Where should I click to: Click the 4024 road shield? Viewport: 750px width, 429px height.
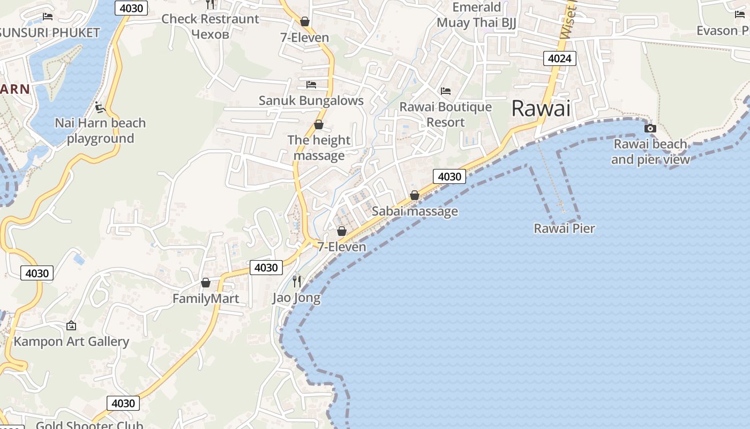[560, 58]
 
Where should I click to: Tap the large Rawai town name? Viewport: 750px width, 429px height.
[541, 108]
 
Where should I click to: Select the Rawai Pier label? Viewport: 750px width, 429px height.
[565, 228]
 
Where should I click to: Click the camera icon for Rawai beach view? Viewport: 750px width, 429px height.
[650, 128]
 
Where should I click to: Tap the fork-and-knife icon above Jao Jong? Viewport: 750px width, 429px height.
[297, 281]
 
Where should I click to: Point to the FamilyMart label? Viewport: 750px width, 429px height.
[206, 299]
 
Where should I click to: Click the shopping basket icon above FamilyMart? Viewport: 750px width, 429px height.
[206, 283]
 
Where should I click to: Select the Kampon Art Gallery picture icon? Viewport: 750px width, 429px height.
[71, 326]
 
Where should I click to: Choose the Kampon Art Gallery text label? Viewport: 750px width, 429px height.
[71, 342]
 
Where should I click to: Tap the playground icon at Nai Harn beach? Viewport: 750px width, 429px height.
[100, 107]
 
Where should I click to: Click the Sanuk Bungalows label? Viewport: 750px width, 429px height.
[311, 100]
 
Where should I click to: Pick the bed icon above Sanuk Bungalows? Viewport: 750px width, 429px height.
[311, 85]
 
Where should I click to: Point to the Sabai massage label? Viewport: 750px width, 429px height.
[415, 211]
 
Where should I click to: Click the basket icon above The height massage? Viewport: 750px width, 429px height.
[319, 125]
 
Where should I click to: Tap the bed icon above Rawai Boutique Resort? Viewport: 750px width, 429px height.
[446, 91]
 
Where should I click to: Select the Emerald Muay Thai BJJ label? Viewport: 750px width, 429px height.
[476, 15]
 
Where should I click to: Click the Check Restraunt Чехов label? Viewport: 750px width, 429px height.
[210, 26]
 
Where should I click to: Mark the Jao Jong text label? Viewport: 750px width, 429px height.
[296, 298]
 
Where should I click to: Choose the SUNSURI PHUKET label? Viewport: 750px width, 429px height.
[50, 32]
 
